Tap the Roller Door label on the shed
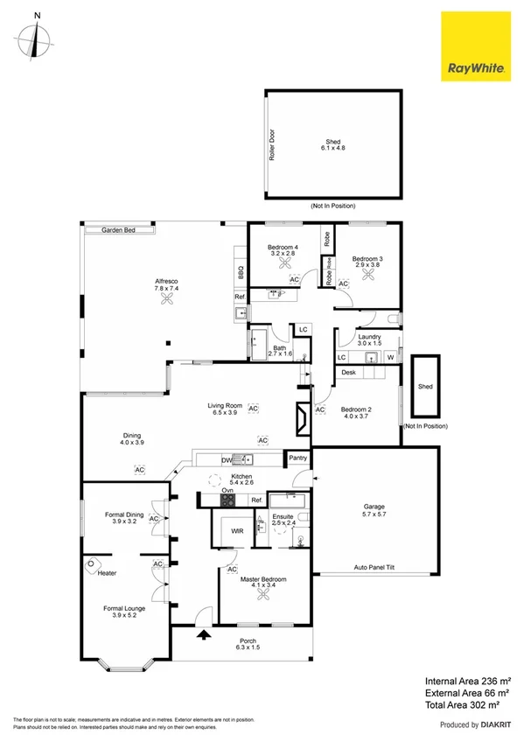tap(272, 144)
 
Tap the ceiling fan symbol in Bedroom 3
tap(368, 275)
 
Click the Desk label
tap(348, 372)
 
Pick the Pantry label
tap(298, 457)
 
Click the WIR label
tap(236, 531)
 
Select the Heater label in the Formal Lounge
tap(108, 573)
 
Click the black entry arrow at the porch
tap(205, 635)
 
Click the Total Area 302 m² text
tap(461, 703)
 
